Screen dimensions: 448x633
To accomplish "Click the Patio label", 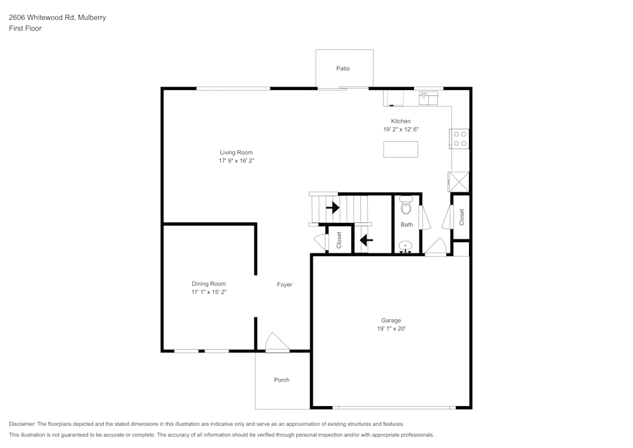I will [343, 68].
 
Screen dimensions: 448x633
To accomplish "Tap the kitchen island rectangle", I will [401, 149].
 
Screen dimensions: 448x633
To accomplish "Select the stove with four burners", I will [460, 139].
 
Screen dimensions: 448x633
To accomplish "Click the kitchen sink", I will [429, 98].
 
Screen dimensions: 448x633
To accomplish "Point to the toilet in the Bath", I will [406, 207].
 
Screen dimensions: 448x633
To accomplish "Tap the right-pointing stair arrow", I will [332, 207].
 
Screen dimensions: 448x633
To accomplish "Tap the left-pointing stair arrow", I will [365, 240].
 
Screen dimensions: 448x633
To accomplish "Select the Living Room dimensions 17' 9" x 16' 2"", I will [236, 161].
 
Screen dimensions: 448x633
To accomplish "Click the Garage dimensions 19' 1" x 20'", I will [391, 329].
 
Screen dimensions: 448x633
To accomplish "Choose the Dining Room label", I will [209, 284].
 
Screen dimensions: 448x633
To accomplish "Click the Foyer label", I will [285, 285].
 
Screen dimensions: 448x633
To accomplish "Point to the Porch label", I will [282, 380].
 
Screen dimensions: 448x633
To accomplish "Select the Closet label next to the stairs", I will [339, 239].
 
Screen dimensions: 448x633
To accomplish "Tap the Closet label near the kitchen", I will [461, 217].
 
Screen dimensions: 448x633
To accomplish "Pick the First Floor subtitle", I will [25, 29].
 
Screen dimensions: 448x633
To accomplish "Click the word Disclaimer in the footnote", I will [23, 424].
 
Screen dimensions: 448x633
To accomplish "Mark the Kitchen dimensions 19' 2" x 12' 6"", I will [401, 129].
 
